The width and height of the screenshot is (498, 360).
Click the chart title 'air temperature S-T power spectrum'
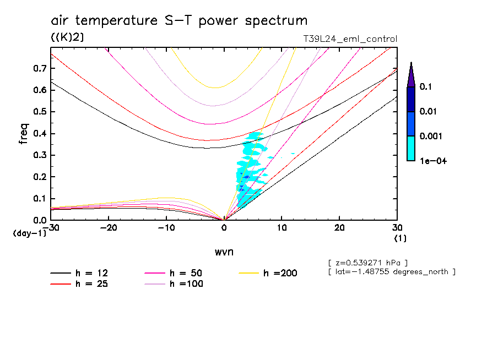[179, 21]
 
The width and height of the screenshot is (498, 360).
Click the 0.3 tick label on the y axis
[40, 155]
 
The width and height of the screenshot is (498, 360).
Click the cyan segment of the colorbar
[411, 148]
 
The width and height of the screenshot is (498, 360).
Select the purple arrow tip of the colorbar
[411, 75]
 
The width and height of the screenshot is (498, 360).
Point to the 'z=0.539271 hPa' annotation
[367, 262]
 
